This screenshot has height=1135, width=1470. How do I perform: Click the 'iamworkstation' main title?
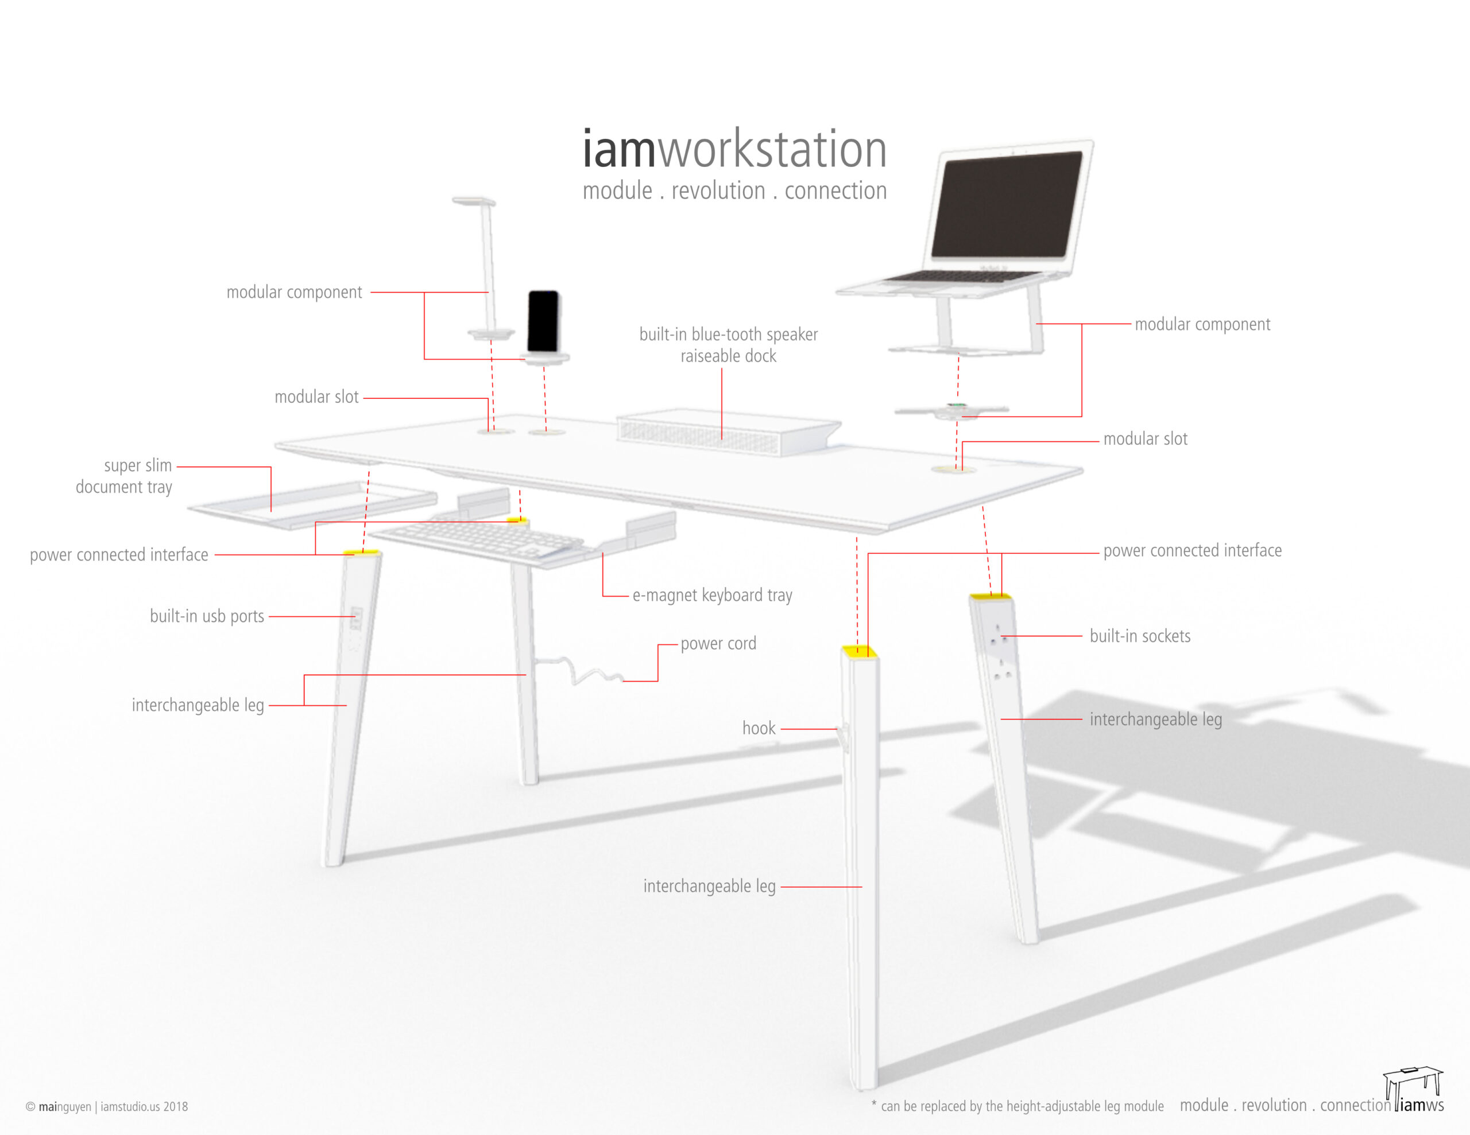pos(734,149)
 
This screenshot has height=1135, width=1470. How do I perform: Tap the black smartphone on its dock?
pos(543,321)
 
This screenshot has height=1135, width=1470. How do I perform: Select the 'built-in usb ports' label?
pos(207,616)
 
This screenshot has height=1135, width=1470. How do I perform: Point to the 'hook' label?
pos(759,728)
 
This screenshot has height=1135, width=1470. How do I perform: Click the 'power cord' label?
pos(718,644)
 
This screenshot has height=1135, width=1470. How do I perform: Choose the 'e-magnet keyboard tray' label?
pos(712,596)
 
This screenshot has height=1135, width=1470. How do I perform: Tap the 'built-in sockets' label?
pos(1139,636)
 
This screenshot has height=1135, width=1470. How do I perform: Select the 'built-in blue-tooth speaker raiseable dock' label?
pos(728,345)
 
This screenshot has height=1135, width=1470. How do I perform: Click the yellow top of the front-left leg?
pos(361,553)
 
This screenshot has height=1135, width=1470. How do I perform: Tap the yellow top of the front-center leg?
pos(860,651)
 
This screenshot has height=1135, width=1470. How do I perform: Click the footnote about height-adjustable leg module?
pos(1017,1106)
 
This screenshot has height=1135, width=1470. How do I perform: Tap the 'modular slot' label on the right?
pos(1145,440)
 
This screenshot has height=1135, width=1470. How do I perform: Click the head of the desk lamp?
pos(474,200)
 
